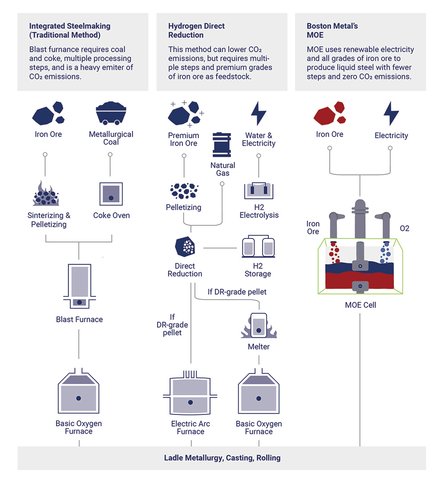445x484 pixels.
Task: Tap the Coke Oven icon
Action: (111, 194)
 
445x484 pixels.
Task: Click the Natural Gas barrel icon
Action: (222, 144)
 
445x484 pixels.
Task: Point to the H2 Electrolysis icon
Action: (259, 190)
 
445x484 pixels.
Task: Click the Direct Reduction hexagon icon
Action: (185, 247)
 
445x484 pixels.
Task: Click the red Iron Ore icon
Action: (330, 113)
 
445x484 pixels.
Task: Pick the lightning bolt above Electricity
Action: (391, 114)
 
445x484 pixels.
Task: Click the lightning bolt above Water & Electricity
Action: (259, 114)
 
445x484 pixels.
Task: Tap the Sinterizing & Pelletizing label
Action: (49, 220)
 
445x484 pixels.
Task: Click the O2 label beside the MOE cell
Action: (404, 229)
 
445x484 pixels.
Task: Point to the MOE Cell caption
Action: (360, 305)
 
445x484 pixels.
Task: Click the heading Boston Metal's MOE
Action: (332, 30)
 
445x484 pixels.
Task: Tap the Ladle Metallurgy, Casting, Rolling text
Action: (222, 458)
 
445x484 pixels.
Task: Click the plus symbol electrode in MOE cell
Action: (360, 266)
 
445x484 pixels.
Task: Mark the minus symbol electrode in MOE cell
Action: (360, 285)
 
